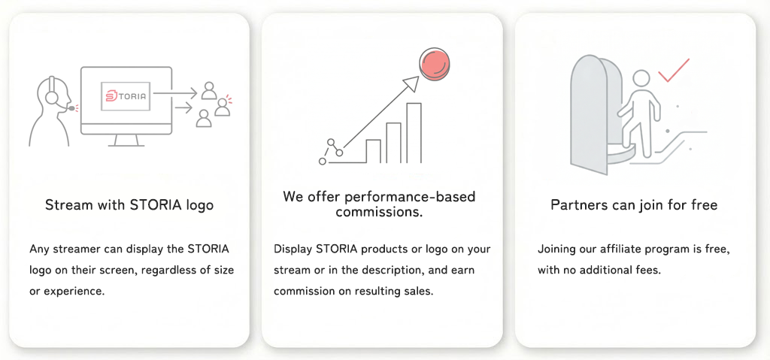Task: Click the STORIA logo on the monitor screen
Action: (x=126, y=96)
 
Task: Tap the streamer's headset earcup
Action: (x=52, y=98)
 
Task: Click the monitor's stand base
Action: (x=126, y=145)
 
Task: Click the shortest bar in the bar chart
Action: (x=373, y=150)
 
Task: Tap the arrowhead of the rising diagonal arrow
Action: (x=411, y=82)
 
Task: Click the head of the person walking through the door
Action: (x=641, y=79)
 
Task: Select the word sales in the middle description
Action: (x=418, y=291)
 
